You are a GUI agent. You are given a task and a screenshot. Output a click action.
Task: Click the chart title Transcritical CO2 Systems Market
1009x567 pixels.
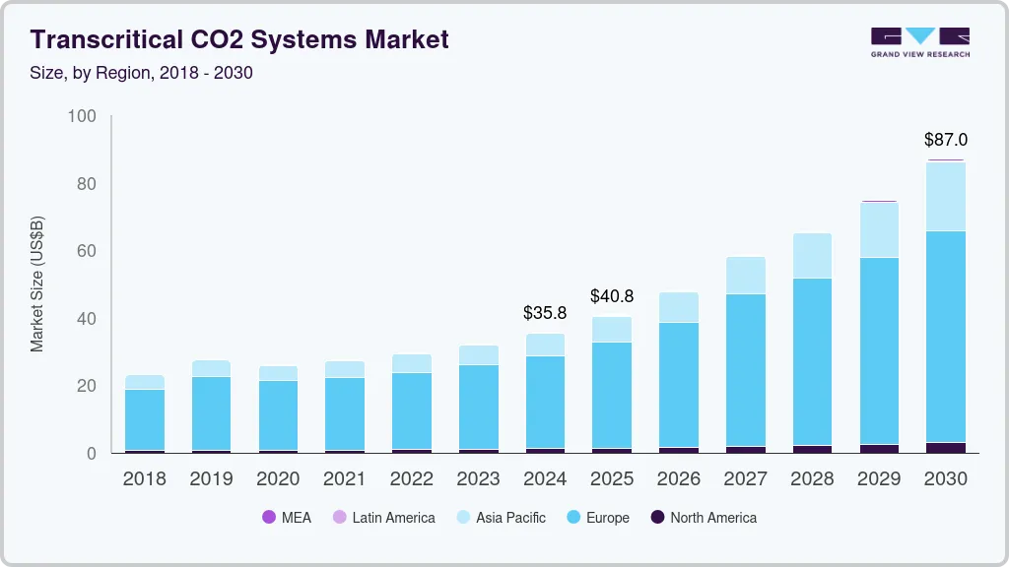[x=239, y=39]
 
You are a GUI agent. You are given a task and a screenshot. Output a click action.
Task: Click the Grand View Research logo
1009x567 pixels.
[x=919, y=41]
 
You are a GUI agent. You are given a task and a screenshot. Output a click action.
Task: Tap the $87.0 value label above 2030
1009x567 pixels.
[x=945, y=140]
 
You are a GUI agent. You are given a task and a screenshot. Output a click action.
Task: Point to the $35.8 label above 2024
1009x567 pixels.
[x=545, y=313]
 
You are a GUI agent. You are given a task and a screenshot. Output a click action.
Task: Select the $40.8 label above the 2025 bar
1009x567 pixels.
[x=612, y=295]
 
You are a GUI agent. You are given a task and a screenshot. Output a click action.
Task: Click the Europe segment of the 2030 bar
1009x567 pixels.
[x=946, y=337]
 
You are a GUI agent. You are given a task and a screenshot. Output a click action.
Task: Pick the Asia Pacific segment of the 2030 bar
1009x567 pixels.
[x=946, y=197]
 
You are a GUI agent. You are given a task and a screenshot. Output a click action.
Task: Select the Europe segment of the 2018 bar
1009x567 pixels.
[x=145, y=419]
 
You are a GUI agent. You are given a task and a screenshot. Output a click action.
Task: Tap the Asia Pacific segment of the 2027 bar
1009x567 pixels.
[x=746, y=276]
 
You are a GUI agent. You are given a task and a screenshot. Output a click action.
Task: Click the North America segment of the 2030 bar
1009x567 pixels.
[x=946, y=448]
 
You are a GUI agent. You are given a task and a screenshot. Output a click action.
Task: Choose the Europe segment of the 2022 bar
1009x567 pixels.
[x=412, y=410]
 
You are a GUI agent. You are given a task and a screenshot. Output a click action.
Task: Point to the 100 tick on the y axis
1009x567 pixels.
[x=83, y=116]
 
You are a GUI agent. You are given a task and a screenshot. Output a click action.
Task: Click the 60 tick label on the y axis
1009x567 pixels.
[x=87, y=251]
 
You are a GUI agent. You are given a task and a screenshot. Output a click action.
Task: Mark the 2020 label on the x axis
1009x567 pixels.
[x=278, y=479]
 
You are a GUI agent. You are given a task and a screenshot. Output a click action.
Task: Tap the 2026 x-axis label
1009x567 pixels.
[x=679, y=479]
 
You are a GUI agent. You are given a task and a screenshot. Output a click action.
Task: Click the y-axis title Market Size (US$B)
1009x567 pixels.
[x=37, y=284]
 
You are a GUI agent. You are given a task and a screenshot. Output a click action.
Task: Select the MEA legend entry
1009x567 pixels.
[x=287, y=517]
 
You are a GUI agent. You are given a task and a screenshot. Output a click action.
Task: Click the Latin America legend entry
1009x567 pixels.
[x=383, y=517]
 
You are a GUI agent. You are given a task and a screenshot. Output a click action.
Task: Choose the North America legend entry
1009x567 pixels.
[x=704, y=517]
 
